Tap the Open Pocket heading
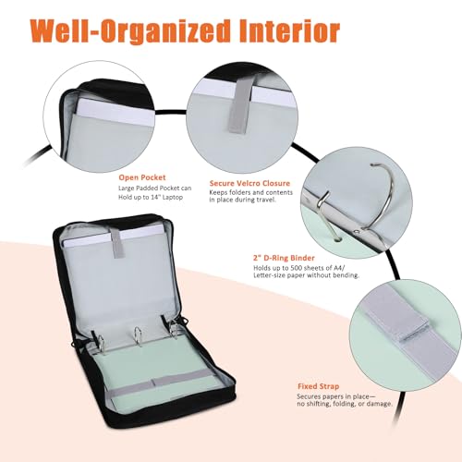pos(142,177)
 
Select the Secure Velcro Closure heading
pos(249,183)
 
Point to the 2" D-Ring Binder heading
pos(284,258)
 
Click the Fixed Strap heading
pos(318,386)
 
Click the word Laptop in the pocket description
pos(173,197)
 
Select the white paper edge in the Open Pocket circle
pos(115,112)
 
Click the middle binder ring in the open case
pos(137,336)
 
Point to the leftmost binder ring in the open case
pos(99,342)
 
